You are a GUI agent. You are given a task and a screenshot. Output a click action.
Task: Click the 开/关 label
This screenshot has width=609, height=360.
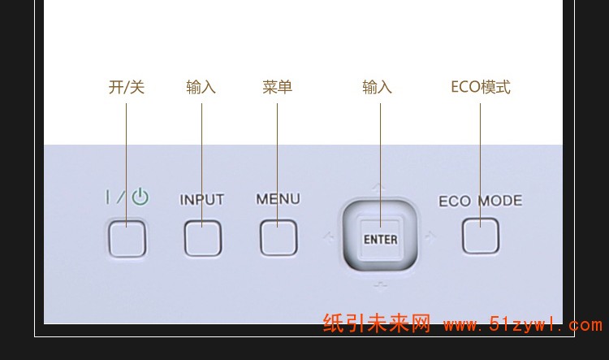(x=127, y=87)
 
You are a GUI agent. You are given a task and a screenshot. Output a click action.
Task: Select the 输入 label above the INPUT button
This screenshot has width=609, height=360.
(x=201, y=87)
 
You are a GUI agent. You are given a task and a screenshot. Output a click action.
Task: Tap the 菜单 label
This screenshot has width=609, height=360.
(x=277, y=87)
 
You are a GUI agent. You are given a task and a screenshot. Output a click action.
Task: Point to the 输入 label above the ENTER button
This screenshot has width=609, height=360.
(x=377, y=87)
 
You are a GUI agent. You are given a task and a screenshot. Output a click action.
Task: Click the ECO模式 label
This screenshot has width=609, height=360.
(x=481, y=87)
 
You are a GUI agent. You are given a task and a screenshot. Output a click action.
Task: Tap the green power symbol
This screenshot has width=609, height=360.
(x=140, y=197)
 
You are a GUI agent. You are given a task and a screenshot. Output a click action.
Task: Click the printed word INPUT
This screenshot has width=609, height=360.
(x=201, y=200)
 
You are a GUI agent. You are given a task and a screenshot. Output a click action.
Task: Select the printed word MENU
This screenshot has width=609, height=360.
(x=278, y=199)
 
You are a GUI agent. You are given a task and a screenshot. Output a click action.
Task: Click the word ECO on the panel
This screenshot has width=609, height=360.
(x=455, y=202)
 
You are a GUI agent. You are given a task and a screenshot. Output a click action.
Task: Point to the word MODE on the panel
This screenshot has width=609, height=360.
(x=500, y=201)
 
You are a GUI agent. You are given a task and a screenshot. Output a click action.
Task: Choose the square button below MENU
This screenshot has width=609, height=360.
(x=279, y=237)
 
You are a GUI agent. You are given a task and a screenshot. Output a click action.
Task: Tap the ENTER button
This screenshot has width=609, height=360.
(x=380, y=237)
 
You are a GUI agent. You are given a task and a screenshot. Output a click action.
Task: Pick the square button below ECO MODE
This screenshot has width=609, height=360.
(x=481, y=236)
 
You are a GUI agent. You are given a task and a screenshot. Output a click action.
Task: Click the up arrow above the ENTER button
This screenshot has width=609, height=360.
(x=378, y=189)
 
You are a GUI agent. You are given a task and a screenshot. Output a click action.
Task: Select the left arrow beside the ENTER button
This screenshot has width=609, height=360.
(x=329, y=236)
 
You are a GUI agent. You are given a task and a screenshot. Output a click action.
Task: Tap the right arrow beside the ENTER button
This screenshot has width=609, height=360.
(x=430, y=236)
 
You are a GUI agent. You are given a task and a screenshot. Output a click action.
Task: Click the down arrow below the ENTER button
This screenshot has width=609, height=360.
(x=380, y=287)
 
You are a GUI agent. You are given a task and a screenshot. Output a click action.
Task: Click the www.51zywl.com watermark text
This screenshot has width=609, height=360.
(x=523, y=324)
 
